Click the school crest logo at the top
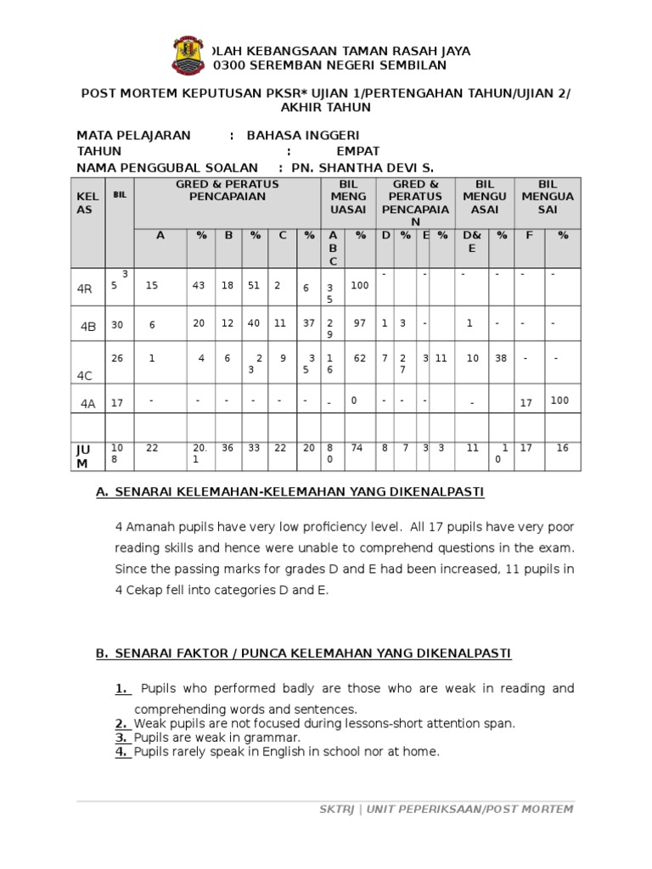click(191, 55)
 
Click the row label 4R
click(84, 289)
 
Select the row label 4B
click(88, 327)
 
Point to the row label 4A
click(87, 404)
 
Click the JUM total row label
click(81, 457)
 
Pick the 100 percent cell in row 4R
click(359, 286)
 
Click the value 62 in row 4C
click(360, 358)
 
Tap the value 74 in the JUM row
click(359, 448)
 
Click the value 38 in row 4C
click(501, 358)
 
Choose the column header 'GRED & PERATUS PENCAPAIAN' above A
click(221, 190)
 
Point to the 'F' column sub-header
click(529, 235)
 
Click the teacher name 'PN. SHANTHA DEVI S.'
click(363, 168)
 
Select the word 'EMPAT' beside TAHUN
click(358, 151)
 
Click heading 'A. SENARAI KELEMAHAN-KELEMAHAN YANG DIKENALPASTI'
click(290, 492)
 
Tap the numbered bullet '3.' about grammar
click(122, 737)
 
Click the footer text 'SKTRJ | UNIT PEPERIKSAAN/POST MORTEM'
click(440, 809)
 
